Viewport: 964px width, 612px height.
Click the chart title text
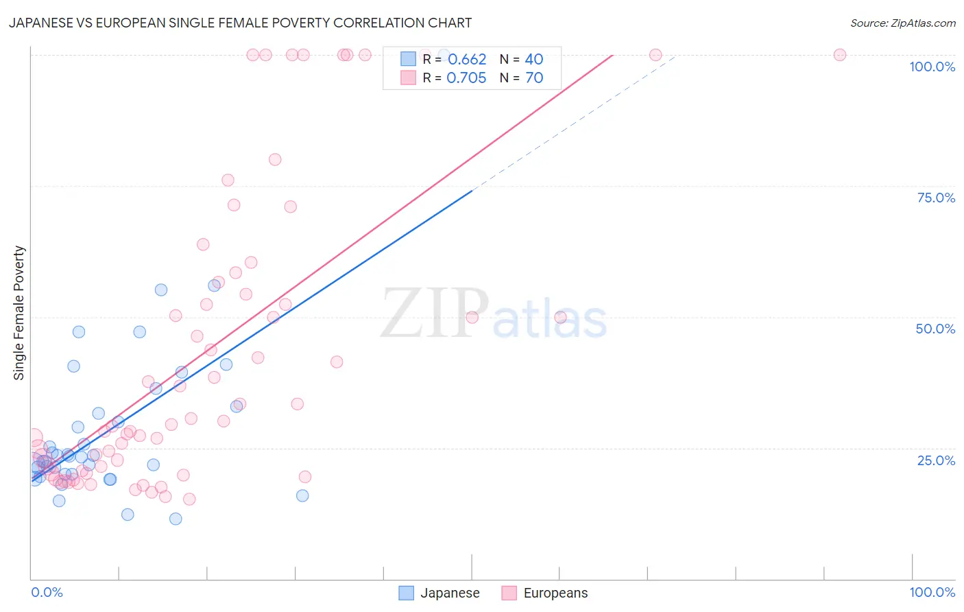[240, 23]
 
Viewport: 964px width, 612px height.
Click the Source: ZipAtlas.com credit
[902, 23]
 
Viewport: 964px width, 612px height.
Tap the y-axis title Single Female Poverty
[19, 313]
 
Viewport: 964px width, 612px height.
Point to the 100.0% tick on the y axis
[932, 67]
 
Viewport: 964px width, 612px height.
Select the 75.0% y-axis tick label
[935, 198]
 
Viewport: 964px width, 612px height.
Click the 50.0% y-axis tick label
[935, 329]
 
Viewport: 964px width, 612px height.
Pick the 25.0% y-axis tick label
[935, 460]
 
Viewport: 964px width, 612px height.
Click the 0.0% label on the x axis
[47, 592]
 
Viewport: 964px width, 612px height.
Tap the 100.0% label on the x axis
[932, 592]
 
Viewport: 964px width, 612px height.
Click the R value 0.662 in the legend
[467, 60]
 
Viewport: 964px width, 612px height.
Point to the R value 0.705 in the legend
[466, 78]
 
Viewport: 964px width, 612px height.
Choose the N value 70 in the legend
[534, 78]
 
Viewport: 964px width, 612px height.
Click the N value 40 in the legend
[534, 60]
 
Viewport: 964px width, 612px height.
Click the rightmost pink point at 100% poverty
[839, 55]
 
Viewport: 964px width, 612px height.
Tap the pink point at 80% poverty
[275, 159]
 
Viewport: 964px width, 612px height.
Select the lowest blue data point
[176, 519]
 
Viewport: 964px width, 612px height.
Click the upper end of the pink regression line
[612, 55]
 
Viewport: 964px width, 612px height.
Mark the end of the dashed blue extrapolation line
[676, 56]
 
